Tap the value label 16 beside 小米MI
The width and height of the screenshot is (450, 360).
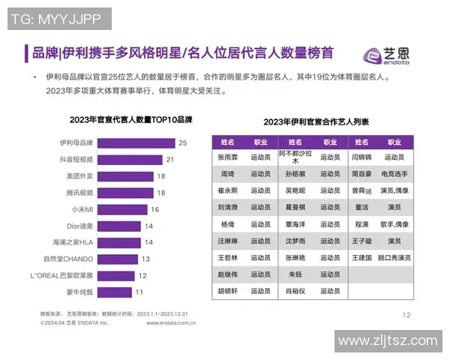point(154,209)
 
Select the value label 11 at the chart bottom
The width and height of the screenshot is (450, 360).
point(139,292)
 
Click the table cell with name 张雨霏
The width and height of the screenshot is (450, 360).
point(227,158)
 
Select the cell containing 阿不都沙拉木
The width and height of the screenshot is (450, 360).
point(294,157)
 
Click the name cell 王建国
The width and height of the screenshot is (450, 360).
point(361,257)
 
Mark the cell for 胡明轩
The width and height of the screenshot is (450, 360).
point(227,291)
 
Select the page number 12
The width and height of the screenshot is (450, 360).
point(406,315)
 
